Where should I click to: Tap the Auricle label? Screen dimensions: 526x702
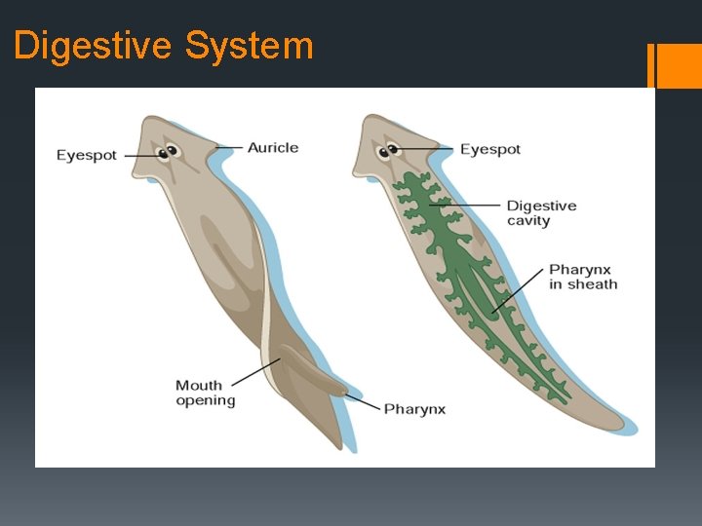273,148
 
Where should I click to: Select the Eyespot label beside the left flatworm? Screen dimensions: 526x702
87,156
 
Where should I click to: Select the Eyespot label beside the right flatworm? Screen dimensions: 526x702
490,149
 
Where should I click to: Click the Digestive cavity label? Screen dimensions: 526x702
541,213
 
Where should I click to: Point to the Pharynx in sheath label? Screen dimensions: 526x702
583,277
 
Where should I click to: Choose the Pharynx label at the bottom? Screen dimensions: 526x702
414,409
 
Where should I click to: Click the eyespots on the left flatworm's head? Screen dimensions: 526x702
172,152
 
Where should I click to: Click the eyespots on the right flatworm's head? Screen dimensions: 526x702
392,150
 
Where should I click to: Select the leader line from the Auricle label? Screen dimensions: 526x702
228,148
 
